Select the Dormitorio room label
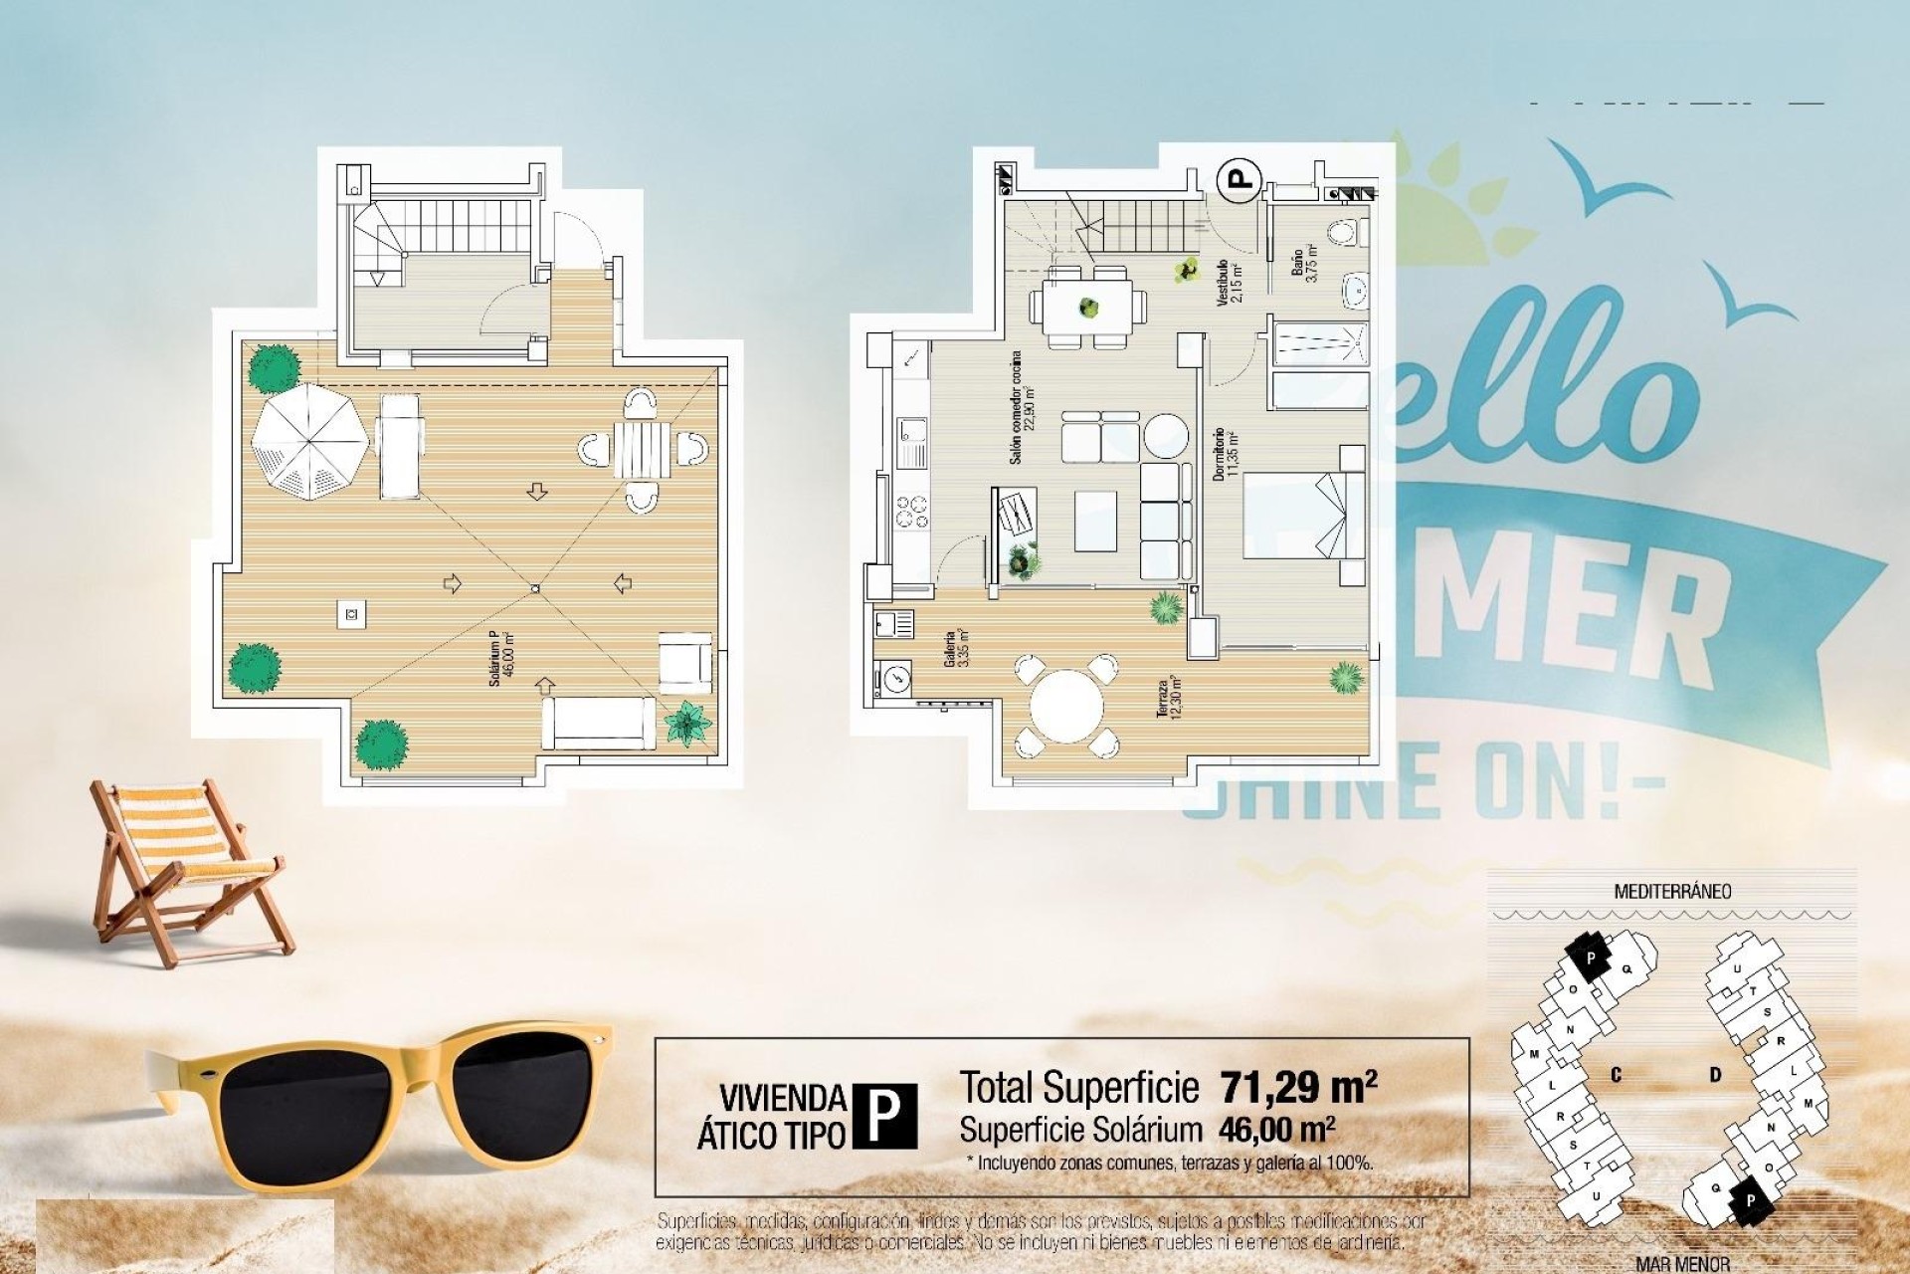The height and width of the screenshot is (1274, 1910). pyautogui.click(x=1226, y=457)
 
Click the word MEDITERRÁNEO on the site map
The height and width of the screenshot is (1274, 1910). pyautogui.click(x=1671, y=891)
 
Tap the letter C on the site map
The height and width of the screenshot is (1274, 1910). pyautogui.click(x=1616, y=1075)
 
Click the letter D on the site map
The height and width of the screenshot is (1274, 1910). pyautogui.click(x=1715, y=1075)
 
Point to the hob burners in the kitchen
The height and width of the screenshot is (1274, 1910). pyautogui.click(x=912, y=512)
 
